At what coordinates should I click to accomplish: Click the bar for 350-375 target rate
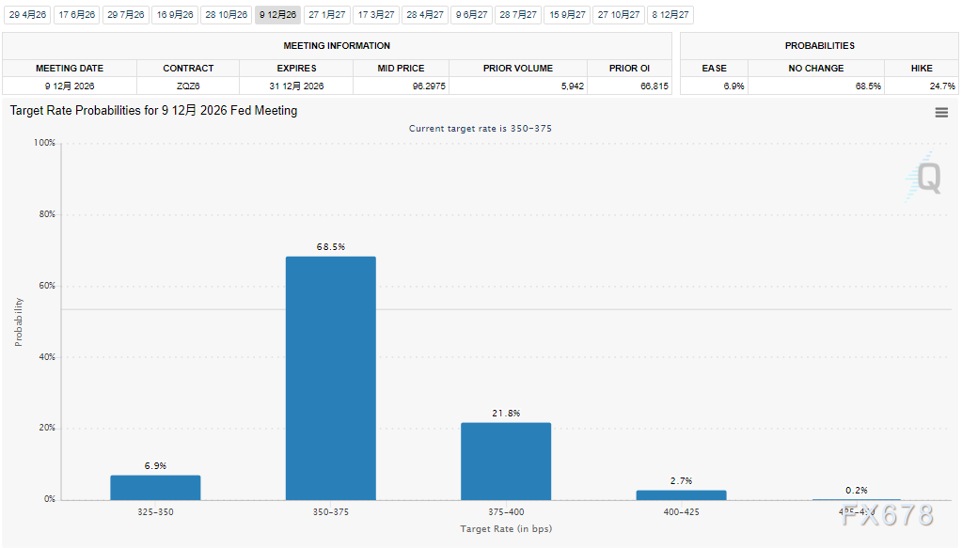[x=330, y=378]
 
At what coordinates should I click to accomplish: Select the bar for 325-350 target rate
[x=155, y=487]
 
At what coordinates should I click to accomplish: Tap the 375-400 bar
[x=506, y=461]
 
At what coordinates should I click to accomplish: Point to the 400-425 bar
[x=681, y=494]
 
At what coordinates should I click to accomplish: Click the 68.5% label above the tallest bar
[x=330, y=246]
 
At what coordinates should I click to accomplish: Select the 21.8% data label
[x=506, y=413]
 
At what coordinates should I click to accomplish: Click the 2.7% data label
[x=681, y=480]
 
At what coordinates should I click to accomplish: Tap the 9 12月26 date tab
[x=277, y=15]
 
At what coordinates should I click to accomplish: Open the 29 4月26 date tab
[x=27, y=15]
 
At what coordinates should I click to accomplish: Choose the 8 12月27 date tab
[x=670, y=15]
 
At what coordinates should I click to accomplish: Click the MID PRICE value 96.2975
[x=401, y=86]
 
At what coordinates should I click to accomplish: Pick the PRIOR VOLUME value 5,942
[x=517, y=86]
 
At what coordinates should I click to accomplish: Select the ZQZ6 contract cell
[x=188, y=86]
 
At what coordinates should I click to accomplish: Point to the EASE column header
[x=714, y=69]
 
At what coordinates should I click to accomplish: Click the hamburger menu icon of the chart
[x=941, y=113]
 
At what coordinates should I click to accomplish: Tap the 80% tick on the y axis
[x=46, y=214]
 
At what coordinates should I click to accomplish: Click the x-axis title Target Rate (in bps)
[x=506, y=529]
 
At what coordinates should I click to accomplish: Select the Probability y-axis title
[x=19, y=321]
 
